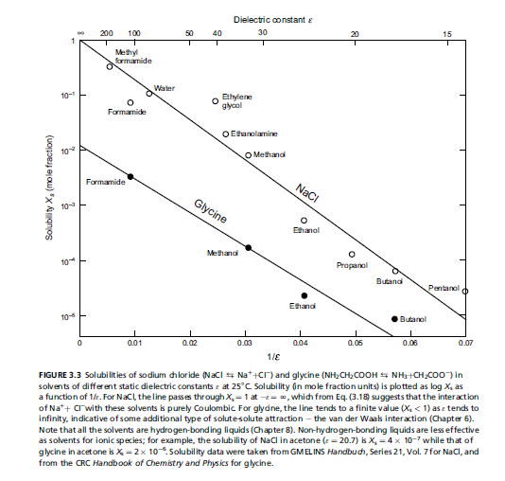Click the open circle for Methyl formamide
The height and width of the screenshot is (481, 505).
110,66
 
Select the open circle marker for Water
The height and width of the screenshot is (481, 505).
149,93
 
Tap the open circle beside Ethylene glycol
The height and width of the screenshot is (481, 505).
216,101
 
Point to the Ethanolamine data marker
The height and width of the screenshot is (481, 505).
226,134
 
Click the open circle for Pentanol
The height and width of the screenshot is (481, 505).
465,291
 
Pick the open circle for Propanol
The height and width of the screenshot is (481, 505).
352,254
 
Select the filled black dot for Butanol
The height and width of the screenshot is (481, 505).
394,318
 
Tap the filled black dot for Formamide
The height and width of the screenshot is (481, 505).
131,177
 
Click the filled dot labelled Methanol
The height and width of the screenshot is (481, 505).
249,247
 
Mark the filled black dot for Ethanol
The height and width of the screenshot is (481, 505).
305,295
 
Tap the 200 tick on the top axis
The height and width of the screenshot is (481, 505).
107,33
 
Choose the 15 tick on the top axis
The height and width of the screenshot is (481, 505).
446,33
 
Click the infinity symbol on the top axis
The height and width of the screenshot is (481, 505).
80,33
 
